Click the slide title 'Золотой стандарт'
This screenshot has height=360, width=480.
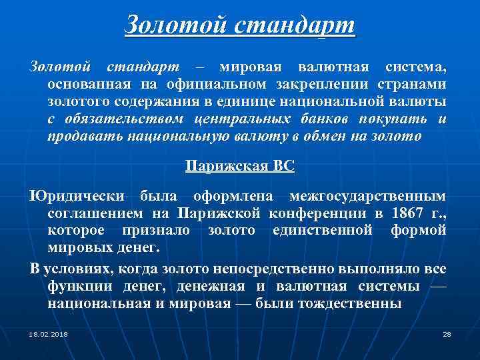coord(239,26)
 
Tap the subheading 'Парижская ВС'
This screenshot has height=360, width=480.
coord(239,167)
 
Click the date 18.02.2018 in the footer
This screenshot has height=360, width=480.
coord(49,333)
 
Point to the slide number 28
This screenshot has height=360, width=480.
coord(447,333)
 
